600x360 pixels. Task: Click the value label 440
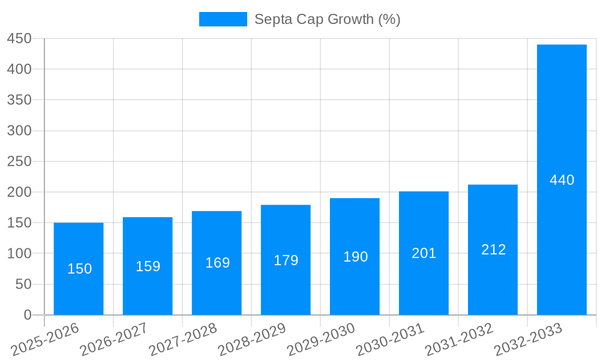coord(562,180)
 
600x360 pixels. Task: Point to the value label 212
coord(493,250)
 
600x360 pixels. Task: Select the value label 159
coord(148,266)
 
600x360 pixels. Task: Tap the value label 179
coord(286,260)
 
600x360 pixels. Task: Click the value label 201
coord(424,253)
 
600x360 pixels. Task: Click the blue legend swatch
coord(223,19)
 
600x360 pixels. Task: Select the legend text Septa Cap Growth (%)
coord(327,19)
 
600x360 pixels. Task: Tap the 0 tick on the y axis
coord(27,315)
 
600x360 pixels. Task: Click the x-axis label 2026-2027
coord(115,340)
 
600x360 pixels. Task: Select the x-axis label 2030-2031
coord(391,340)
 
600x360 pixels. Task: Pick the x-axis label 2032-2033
coord(529,340)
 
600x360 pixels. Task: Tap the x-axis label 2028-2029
coord(253,340)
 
